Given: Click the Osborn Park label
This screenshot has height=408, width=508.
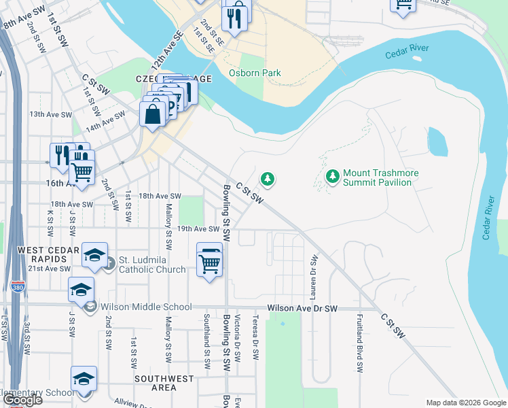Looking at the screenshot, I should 245,73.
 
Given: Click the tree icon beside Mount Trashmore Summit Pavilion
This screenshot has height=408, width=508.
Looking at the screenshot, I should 332,177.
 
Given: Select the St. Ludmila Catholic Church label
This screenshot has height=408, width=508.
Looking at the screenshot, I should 152,265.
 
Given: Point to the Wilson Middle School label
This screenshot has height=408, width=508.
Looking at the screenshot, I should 146,307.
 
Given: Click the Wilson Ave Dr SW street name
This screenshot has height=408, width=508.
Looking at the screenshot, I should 302,308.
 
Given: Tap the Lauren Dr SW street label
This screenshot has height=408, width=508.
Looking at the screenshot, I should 314,277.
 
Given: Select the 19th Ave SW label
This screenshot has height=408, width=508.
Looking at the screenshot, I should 198,230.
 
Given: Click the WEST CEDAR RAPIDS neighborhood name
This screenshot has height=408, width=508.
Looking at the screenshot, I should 41,256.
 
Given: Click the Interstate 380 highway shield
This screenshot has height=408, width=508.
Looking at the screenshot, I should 18,288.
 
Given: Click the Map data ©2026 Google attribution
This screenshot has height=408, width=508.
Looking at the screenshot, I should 466,403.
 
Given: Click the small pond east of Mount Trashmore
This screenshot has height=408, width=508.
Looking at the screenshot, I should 437,141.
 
